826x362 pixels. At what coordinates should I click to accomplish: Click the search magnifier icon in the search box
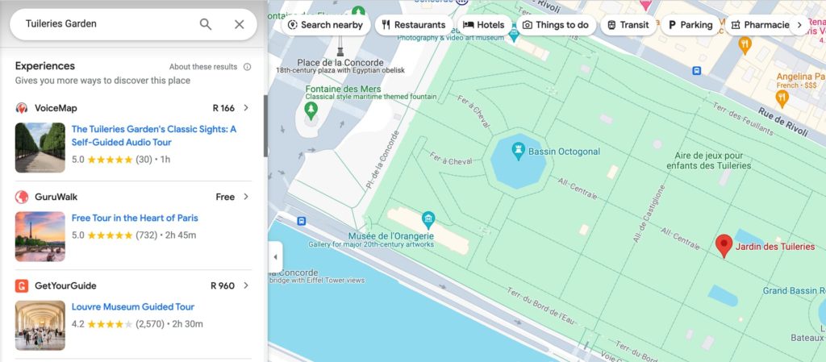pos(206,24)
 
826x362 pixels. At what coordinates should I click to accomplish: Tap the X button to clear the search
pos(239,24)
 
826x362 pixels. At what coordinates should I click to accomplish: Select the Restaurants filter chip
pos(413,25)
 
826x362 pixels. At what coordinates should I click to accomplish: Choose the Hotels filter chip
pos(484,25)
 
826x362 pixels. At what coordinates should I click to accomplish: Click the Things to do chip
pos(555,25)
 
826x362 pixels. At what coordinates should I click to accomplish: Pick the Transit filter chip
pos(628,25)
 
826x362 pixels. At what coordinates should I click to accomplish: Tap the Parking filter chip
pos(690,25)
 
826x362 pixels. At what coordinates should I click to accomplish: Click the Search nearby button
pos(327,25)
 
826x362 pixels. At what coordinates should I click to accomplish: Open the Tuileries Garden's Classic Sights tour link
pos(153,135)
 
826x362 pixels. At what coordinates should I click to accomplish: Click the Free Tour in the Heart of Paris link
pos(134,218)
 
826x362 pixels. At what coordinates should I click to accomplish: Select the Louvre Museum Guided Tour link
pos(133,306)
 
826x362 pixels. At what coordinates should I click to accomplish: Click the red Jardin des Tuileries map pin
pos(724,245)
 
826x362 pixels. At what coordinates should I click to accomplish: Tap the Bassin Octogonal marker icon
pos(519,149)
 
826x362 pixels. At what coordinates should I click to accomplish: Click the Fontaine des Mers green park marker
pos(311,108)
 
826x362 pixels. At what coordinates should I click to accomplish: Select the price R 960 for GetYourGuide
pos(223,285)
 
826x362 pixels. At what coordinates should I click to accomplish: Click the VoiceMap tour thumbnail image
pos(40,148)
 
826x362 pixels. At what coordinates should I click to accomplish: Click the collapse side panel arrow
pos(275,257)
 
